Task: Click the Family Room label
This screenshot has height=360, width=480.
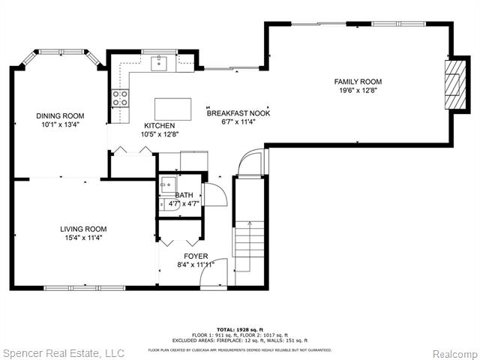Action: tap(358, 82)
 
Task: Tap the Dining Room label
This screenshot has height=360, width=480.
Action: tap(60, 115)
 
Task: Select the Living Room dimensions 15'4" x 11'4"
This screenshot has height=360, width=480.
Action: tap(83, 238)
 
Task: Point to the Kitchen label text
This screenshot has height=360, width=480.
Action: tap(160, 125)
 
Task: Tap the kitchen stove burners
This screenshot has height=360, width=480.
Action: tap(119, 97)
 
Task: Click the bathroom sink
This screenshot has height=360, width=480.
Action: tap(169, 184)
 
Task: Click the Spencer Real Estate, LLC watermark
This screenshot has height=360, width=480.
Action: tap(63, 352)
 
